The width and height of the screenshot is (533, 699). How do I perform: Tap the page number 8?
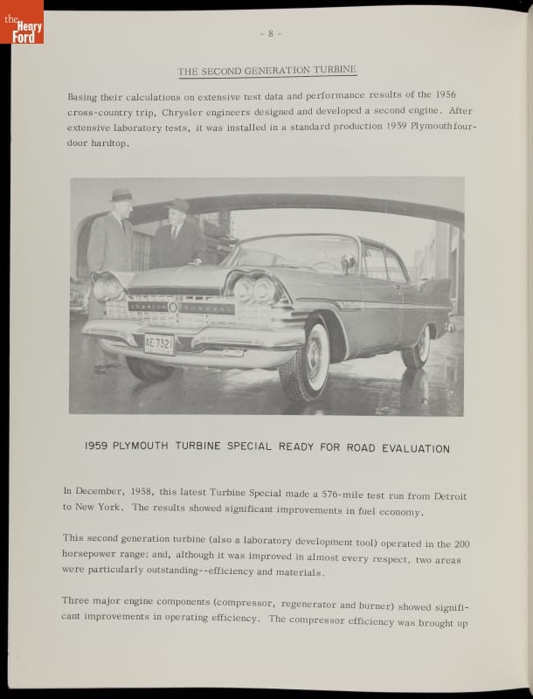[x=270, y=34]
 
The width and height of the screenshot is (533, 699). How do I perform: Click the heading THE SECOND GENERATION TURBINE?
[x=266, y=71]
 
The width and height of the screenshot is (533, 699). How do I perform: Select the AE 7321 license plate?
[x=159, y=343]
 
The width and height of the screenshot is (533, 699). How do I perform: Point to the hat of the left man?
[x=121, y=195]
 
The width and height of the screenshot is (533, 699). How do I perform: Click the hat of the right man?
[x=178, y=204]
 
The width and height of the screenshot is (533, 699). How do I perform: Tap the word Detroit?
[x=451, y=492]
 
